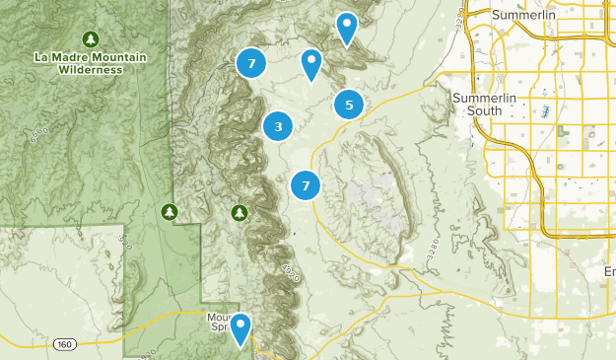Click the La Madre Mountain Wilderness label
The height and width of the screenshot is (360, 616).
tap(90, 64)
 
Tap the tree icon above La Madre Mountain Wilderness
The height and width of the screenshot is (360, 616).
tap(91, 38)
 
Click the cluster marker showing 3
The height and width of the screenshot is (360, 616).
tap(279, 126)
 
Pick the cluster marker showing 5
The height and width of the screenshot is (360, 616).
tap(349, 104)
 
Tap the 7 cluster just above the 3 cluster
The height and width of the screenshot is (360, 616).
tap(252, 64)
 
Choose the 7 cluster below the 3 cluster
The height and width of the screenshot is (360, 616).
tap(307, 184)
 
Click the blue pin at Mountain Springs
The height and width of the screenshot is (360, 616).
tap(240, 329)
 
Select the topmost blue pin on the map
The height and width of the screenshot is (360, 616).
tap(346, 28)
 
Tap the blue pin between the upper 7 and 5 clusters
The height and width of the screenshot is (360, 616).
tap(311, 64)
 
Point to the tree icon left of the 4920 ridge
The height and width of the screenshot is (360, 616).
tap(239, 212)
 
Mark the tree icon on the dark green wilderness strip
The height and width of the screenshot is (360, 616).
tap(170, 211)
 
